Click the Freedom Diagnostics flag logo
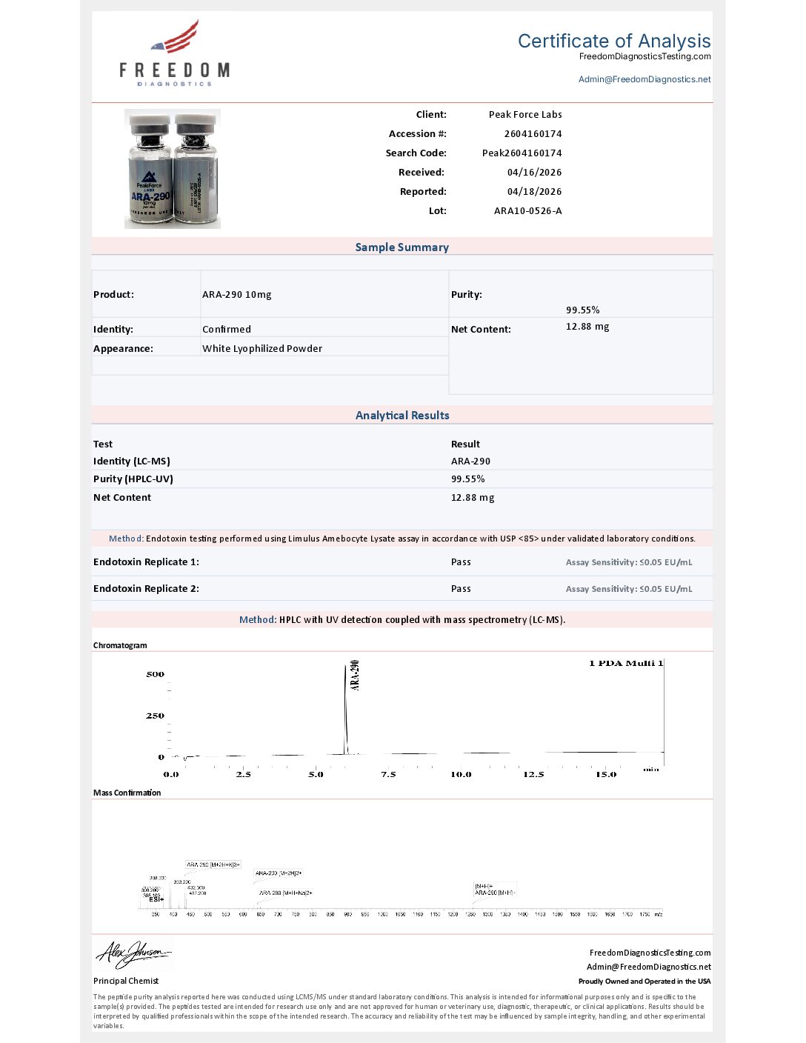point(176,39)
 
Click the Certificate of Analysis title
point(613,41)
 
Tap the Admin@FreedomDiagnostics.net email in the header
point(645,79)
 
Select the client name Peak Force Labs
point(525,115)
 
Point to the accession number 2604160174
point(533,134)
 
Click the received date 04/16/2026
point(534,173)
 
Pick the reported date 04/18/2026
point(534,192)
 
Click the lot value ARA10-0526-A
point(527,211)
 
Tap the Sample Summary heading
point(402,247)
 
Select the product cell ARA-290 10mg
point(237,295)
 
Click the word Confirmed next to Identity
point(227,330)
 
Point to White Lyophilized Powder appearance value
point(262,349)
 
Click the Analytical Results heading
point(402,416)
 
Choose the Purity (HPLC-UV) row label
point(133,479)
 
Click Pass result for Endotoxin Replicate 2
point(461,589)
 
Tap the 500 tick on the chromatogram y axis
point(155,675)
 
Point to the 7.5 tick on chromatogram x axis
point(388,774)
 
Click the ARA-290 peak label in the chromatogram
point(355,675)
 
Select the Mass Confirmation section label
point(127,793)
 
